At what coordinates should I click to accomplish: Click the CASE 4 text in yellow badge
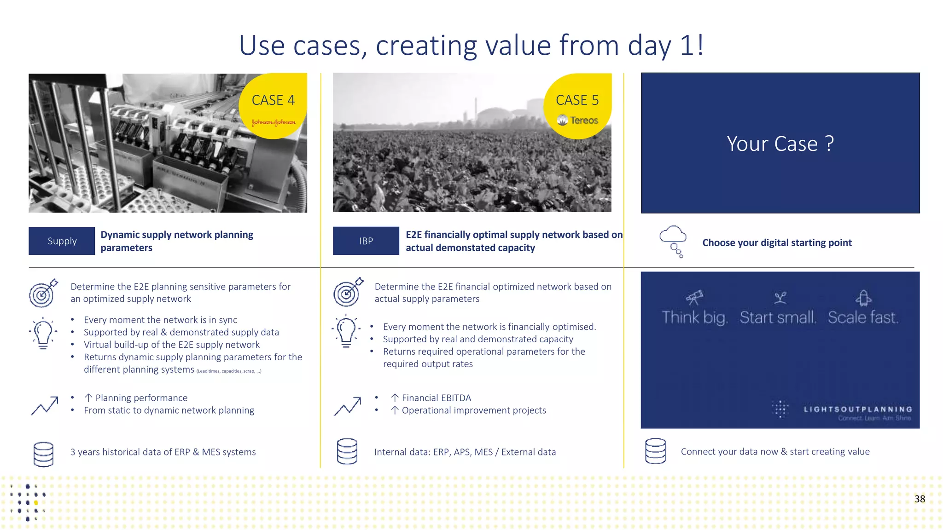pos(273,100)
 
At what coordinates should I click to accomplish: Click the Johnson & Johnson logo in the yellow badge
pos(274,122)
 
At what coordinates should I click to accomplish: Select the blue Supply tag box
pos(62,241)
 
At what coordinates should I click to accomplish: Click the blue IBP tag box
pos(366,241)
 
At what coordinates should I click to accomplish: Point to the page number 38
pos(920,499)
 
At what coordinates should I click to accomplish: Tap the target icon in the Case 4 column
pos(43,293)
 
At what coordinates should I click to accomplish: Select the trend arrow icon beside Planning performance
pos(45,406)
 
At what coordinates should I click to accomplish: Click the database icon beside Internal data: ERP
pos(347,451)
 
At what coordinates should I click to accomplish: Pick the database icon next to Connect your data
pos(655,451)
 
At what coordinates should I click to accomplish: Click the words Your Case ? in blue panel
pos(780,144)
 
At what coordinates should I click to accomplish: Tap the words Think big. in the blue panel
pos(694,317)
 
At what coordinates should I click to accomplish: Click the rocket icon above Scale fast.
pos(863,298)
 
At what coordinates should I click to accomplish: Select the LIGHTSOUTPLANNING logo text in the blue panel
pos(857,409)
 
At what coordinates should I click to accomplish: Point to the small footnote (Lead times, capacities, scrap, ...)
pos(229,371)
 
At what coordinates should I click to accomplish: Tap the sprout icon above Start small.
pos(780,298)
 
